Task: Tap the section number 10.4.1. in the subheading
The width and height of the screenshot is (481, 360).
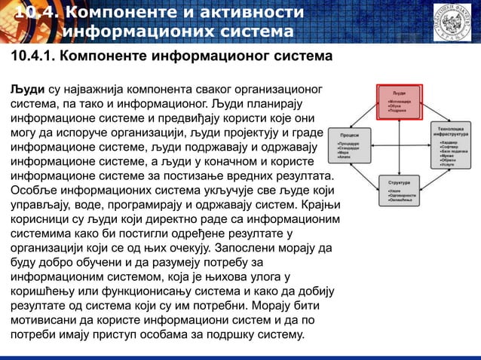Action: tap(30, 57)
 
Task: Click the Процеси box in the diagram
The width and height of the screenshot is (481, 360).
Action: tap(349, 142)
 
